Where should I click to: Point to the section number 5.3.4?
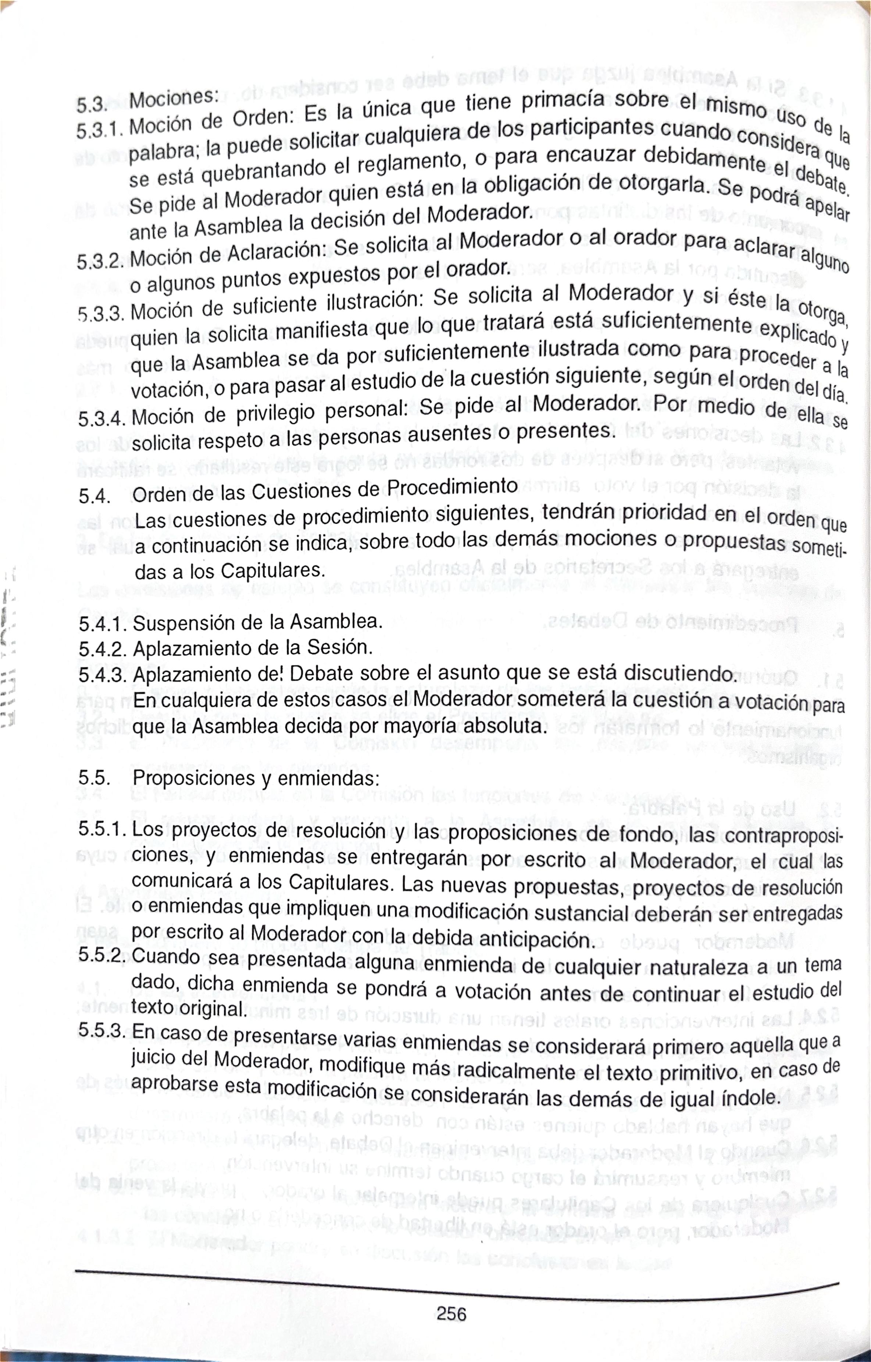pyautogui.click(x=102, y=418)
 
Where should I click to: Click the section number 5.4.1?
pyautogui.click(x=104, y=624)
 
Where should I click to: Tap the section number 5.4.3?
pyautogui.click(x=104, y=675)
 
